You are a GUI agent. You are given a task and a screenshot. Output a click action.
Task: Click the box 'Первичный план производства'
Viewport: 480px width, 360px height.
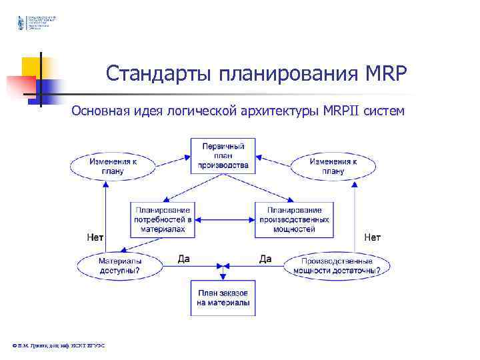[x=223, y=155]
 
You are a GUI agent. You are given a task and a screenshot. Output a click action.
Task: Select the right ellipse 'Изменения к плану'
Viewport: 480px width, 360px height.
[x=333, y=165]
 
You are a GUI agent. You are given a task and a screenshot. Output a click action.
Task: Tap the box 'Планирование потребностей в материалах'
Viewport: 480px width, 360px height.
[x=163, y=219]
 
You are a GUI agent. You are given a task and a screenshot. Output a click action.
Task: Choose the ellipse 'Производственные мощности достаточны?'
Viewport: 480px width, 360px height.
[x=337, y=267]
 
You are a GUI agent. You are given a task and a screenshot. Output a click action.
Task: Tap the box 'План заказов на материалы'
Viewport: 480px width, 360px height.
[x=223, y=298]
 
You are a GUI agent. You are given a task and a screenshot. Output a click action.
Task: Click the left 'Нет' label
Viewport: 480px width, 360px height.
[x=95, y=237]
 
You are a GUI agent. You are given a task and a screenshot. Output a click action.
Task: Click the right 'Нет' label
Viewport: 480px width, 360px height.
[x=372, y=237]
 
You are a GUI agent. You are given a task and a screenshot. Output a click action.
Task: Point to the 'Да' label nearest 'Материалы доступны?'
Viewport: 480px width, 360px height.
[x=184, y=258]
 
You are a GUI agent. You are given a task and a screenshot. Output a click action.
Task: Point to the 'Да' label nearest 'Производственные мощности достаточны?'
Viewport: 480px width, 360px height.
[x=265, y=258]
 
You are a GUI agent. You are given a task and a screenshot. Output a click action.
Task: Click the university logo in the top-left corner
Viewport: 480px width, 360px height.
[x=20, y=23]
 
